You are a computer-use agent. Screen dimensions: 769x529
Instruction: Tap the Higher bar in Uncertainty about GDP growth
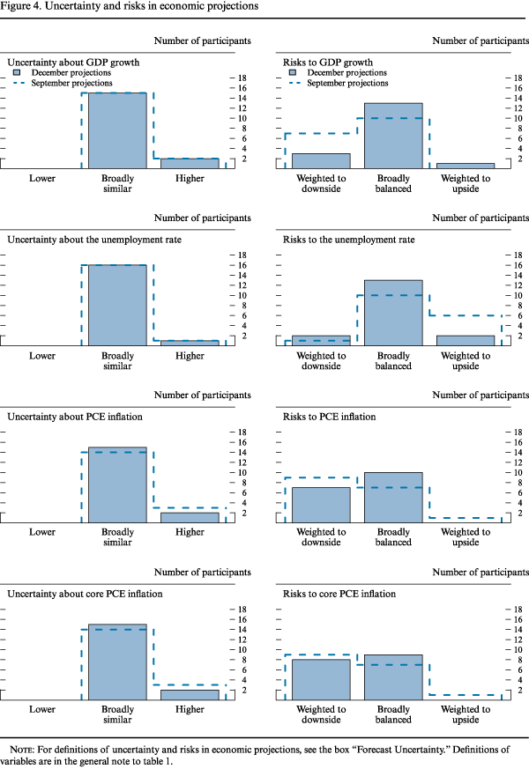point(190,164)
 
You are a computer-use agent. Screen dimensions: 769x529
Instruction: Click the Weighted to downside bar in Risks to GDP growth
point(321,161)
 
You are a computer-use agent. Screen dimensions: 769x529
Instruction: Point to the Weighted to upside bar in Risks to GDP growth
point(466,166)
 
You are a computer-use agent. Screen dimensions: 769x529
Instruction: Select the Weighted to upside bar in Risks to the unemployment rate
point(466,341)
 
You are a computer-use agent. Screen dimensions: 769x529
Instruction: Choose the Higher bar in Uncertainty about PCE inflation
point(190,518)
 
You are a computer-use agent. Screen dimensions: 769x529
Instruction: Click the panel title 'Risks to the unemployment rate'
point(345,240)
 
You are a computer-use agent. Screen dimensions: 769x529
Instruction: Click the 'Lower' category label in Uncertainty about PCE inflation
point(42,532)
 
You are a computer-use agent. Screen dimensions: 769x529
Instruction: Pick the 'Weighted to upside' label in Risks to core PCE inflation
point(466,713)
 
